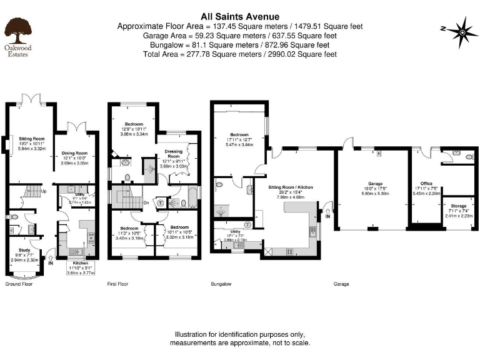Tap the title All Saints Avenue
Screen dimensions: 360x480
click(239, 16)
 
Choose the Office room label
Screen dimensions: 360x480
click(426, 184)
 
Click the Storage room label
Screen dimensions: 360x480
click(459, 207)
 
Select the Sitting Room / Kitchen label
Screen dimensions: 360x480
click(291, 187)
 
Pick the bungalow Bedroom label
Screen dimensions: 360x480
click(239, 135)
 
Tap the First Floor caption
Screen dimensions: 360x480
click(117, 284)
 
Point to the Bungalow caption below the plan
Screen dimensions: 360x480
click(221, 284)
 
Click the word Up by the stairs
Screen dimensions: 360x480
click(43, 191)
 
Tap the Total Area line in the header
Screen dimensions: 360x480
click(239, 54)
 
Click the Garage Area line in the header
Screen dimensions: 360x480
click(239, 36)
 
